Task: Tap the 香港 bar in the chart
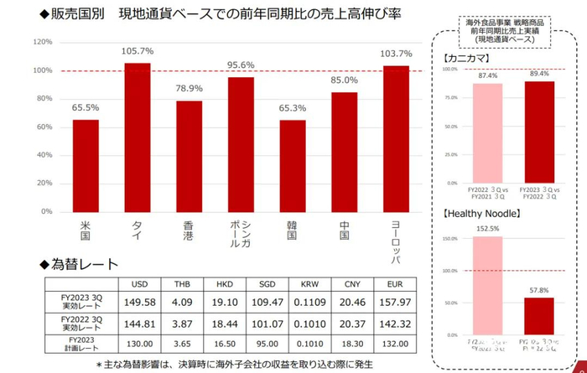[189, 156]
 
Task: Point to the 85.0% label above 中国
[344, 80]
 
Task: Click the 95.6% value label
[241, 65]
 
